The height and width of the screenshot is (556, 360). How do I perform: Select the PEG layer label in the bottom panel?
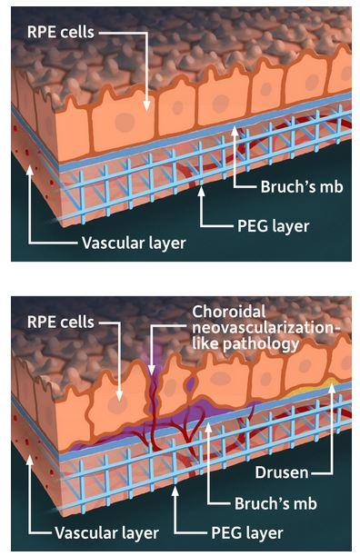(240, 532)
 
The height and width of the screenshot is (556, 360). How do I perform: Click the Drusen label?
(300, 473)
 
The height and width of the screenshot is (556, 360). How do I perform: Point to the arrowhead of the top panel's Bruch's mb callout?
(235, 129)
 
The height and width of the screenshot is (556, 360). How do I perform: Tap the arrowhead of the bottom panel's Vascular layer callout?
(30, 455)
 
